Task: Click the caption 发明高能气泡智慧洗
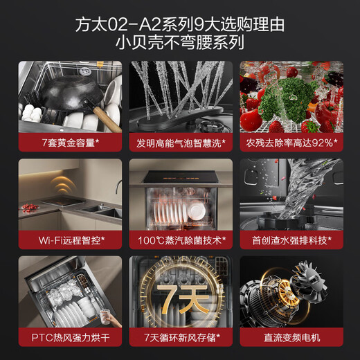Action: tap(180, 143)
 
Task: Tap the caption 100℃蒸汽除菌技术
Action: tap(180, 241)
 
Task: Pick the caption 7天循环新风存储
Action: tap(180, 339)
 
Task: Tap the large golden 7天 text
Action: tap(180, 298)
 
